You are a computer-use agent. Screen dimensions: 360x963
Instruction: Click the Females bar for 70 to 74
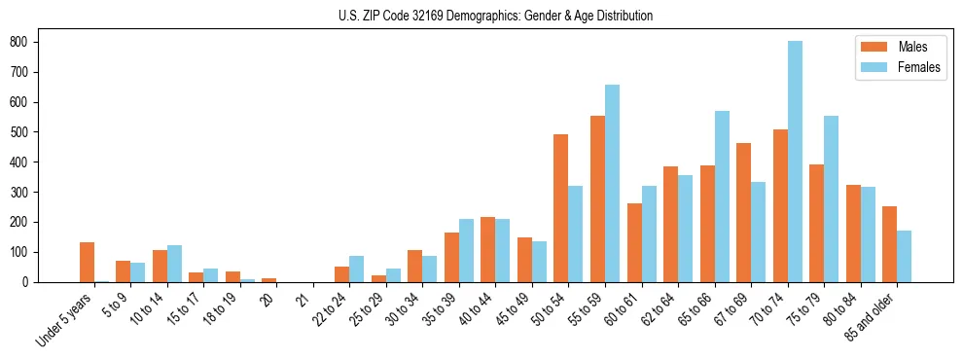coord(795,162)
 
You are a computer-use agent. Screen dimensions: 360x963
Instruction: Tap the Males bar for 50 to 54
coord(561,208)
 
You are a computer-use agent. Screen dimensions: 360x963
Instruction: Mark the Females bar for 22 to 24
coord(357,269)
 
